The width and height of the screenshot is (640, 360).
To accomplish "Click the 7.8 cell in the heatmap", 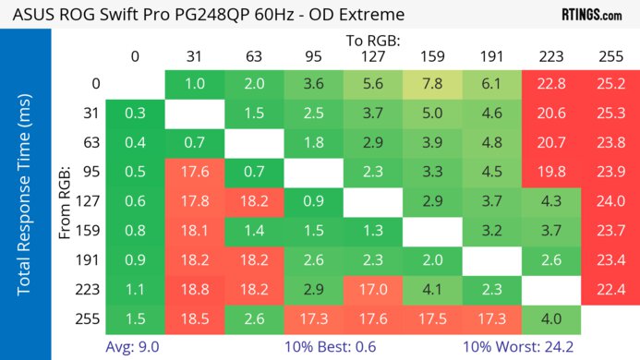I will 430,83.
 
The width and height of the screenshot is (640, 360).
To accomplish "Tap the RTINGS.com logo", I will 591,15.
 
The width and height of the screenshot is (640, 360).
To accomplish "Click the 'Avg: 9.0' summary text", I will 136,349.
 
